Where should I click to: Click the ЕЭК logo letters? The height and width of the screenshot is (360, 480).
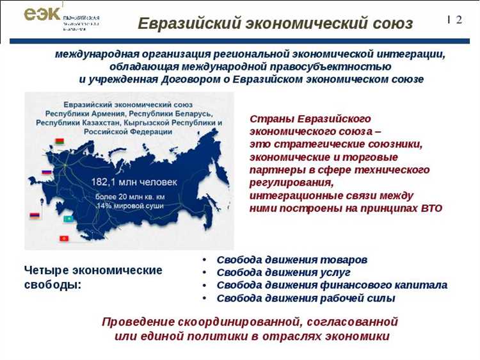point(42,14)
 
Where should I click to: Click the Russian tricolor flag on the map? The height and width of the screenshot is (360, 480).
point(46,172)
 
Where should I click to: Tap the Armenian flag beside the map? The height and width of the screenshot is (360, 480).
point(35,216)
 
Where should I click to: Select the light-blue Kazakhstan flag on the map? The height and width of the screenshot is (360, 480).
point(68,219)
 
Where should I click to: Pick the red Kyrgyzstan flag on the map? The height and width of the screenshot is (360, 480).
point(64,239)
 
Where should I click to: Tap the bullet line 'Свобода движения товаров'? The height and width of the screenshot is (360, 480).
point(292,260)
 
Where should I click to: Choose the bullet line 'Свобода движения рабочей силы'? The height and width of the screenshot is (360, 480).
point(306,298)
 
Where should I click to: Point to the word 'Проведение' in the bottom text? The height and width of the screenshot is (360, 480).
point(140,321)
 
